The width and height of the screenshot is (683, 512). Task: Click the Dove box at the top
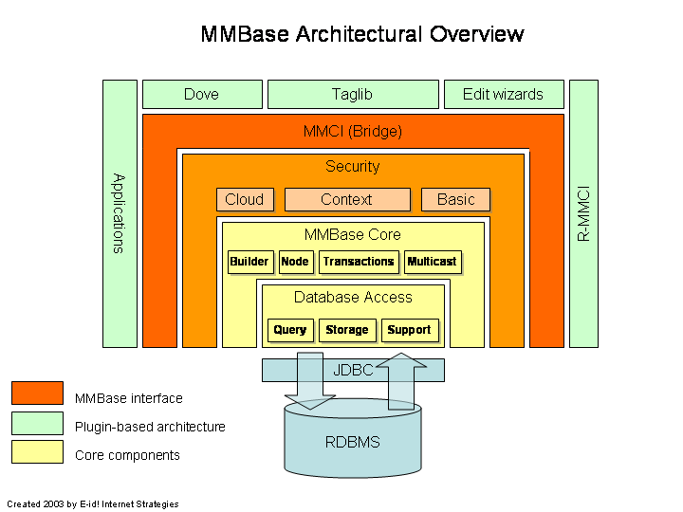(x=202, y=95)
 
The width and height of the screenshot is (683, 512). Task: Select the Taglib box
(x=353, y=95)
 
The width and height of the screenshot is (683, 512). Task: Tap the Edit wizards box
(x=503, y=95)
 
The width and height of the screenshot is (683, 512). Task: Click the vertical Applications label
(x=119, y=213)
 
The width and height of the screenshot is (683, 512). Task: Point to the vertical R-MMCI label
(x=583, y=213)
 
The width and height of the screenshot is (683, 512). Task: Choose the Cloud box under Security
(x=245, y=200)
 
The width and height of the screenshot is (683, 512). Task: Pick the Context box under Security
(x=347, y=200)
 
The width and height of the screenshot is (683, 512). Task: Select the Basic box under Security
(x=456, y=200)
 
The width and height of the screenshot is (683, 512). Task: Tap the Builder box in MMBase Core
(x=249, y=262)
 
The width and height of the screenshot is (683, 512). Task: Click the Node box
(x=295, y=262)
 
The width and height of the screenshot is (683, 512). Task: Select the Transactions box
(x=359, y=262)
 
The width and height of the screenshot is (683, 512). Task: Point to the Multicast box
(x=432, y=262)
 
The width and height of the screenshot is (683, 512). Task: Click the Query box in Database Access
(x=290, y=330)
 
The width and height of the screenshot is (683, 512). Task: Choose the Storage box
(x=347, y=330)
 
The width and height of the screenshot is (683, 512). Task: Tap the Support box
(x=410, y=330)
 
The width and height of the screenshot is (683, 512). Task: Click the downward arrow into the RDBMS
(x=310, y=379)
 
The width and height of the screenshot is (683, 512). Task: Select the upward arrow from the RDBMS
(x=400, y=379)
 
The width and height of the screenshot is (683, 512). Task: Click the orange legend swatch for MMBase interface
(x=38, y=393)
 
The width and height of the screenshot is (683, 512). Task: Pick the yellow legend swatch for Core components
(x=38, y=452)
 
